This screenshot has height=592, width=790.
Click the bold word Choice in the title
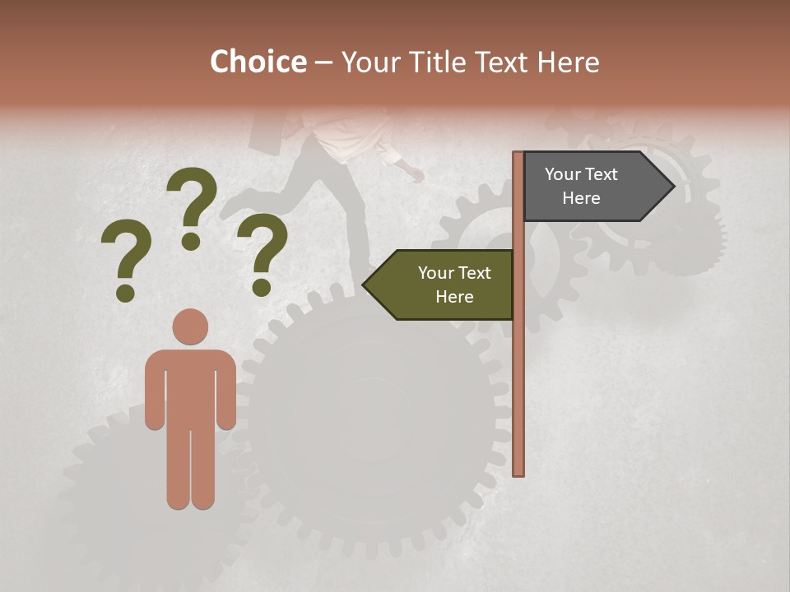coord(258,62)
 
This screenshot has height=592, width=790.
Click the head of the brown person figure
coord(190,326)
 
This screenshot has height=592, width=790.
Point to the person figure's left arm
coord(155,395)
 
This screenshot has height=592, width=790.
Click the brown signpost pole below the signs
coord(518,395)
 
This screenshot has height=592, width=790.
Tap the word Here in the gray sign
coord(581,198)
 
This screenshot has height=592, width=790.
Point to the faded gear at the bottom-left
coord(115,493)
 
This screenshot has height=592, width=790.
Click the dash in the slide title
coord(323,62)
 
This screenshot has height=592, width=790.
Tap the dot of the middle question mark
coord(191,241)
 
